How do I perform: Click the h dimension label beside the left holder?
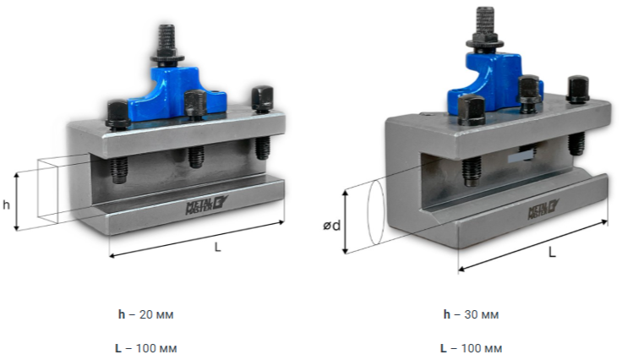6,205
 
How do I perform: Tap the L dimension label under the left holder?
217,247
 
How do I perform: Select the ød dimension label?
331,226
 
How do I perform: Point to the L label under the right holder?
552,252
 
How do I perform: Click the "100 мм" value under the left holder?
156,348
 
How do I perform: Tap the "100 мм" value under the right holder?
482,348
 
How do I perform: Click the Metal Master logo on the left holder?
207,205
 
